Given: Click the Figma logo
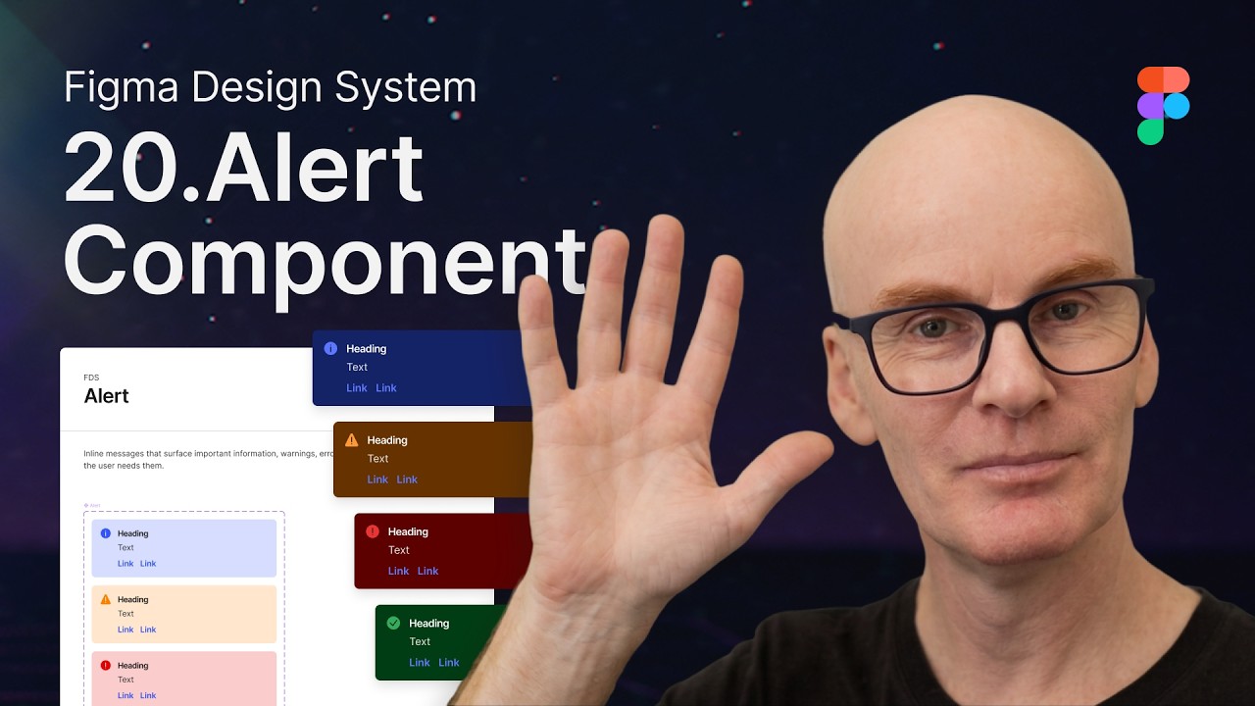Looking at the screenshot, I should [1163, 106].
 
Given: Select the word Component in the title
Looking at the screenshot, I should [324, 260].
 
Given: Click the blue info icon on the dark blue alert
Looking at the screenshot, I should [330, 348].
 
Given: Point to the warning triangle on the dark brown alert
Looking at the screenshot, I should [351, 439].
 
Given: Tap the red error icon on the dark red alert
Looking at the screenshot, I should [373, 531].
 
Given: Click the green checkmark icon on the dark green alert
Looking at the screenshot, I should [393, 623].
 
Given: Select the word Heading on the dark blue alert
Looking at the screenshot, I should [366, 349].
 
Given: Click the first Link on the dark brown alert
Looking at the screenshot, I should [377, 479].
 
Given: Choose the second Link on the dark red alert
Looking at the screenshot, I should [428, 571].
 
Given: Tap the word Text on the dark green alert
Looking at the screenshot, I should [420, 642].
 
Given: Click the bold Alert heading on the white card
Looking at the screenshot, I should [107, 396].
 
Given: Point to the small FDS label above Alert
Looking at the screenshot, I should [91, 378].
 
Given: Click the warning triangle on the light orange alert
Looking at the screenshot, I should [106, 599].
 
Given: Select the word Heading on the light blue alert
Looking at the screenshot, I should [132, 533].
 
